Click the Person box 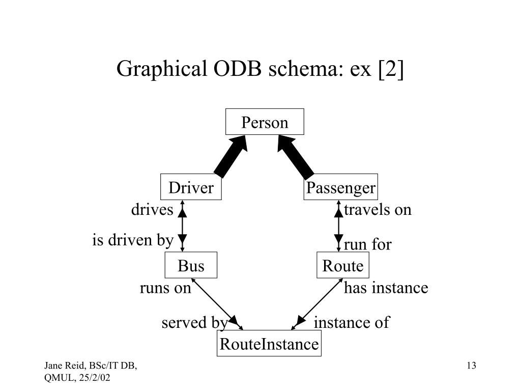click(265, 122)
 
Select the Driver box click(191, 188)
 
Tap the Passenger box click(340, 188)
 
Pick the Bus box click(191, 266)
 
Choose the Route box click(342, 266)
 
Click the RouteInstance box click(269, 344)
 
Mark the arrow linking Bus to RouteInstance click(214, 302)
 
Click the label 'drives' click(152, 210)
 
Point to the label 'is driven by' click(133, 240)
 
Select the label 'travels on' click(378, 210)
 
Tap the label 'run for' click(367, 245)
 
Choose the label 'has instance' click(386, 288)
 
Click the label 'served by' click(194, 323)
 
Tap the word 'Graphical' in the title click(160, 69)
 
